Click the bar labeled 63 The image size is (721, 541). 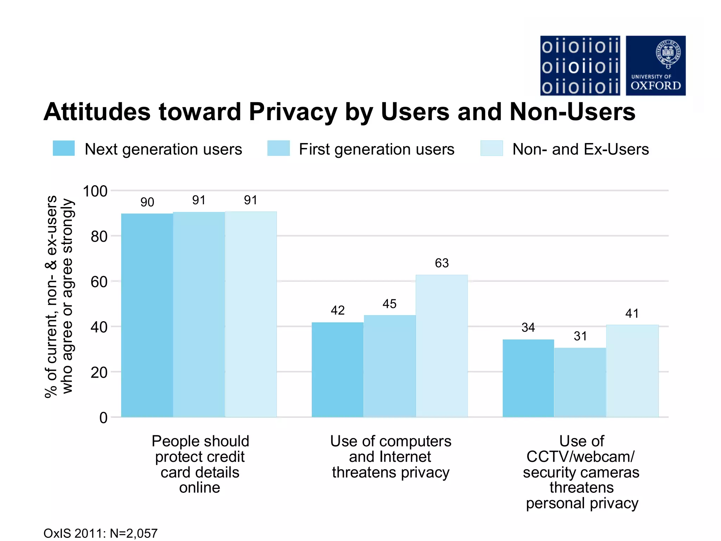click(441, 346)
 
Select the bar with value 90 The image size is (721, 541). click(147, 315)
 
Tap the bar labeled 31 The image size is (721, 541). click(580, 383)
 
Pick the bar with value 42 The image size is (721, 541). click(337, 369)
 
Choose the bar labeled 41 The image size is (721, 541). click(632, 371)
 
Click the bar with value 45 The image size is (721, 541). click(389, 366)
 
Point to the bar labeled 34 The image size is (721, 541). click(528, 378)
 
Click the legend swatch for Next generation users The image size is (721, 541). click(64, 148)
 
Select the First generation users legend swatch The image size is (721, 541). click(278, 148)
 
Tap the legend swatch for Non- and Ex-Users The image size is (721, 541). click(491, 148)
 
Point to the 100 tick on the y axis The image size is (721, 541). click(95, 191)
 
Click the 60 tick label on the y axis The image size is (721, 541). click(99, 282)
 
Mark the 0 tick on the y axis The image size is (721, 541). click(103, 418)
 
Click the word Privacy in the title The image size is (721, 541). click(293, 112)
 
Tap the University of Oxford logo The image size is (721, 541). click(656, 66)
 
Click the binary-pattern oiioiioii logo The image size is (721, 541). click(580, 66)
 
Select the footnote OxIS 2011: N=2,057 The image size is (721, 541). click(101, 533)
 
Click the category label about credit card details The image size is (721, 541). click(200, 464)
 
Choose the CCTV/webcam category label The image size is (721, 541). click(582, 472)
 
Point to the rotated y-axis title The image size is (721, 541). click(59, 296)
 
